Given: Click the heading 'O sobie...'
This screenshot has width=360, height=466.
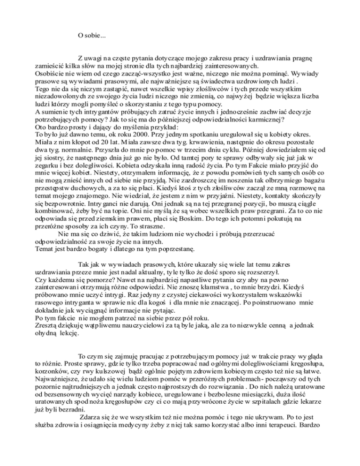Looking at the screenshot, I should click(x=92, y=35).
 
